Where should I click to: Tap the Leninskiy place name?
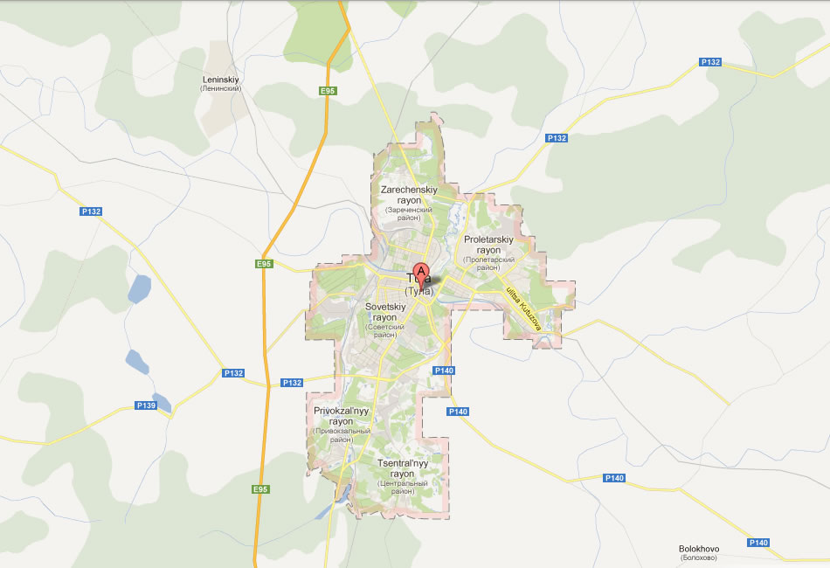220,79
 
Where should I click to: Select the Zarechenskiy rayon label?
409,194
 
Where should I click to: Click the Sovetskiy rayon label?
385,312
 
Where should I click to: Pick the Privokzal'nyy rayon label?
342,415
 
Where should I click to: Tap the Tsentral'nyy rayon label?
402,468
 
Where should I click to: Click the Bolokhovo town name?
699,549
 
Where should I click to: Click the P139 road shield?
145,405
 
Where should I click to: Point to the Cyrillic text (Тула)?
419,292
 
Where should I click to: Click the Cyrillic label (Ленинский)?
220,88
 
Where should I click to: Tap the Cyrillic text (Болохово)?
699,558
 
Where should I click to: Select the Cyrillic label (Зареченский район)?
409,211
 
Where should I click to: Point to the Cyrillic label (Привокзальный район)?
342,431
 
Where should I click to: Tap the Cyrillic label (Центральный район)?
402,487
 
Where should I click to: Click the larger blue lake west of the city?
139,288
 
